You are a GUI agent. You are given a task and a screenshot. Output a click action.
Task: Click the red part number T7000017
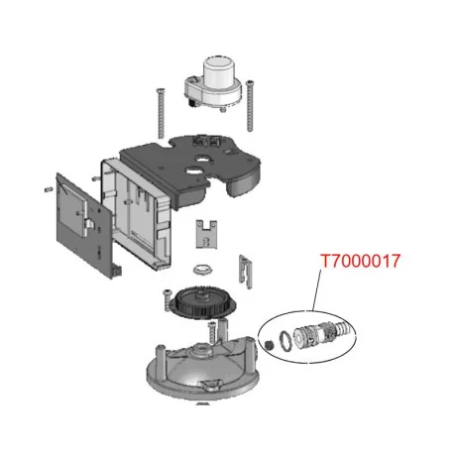[361, 261]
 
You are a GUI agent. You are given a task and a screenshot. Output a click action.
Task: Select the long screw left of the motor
[161, 113]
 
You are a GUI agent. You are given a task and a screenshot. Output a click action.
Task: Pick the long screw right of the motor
[250, 105]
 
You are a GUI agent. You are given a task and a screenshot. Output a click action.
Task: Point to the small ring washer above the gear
[202, 270]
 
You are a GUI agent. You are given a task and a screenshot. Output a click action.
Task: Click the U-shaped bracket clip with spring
[206, 234]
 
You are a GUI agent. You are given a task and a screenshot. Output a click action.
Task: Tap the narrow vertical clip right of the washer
[245, 272]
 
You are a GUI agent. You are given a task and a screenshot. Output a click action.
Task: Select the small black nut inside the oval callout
[270, 345]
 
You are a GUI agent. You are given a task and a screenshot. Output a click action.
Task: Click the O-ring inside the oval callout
[285, 339]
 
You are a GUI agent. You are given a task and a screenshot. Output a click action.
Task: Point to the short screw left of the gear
[168, 299]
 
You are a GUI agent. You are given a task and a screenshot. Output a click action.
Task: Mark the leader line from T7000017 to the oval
[316, 290]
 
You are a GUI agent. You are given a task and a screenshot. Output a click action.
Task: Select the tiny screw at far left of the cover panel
[49, 189]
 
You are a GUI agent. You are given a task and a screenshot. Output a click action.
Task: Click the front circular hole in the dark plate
[192, 170]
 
